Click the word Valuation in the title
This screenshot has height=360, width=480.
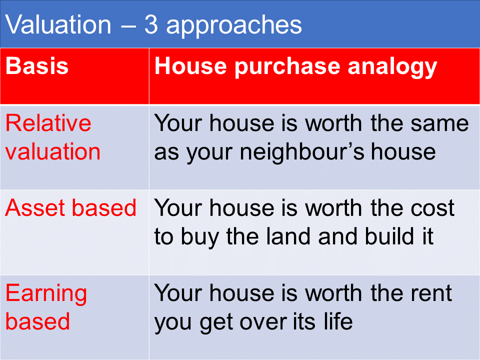58,24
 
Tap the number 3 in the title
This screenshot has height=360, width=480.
151,24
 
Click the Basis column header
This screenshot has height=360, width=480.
37,66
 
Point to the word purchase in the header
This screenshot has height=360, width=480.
287,67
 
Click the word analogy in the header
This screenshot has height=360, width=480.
392,67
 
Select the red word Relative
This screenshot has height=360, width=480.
48,123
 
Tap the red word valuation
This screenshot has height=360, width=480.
53,151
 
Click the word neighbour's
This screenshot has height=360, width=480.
302,153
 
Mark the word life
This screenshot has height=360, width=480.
338,321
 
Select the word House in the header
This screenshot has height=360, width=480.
190,66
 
